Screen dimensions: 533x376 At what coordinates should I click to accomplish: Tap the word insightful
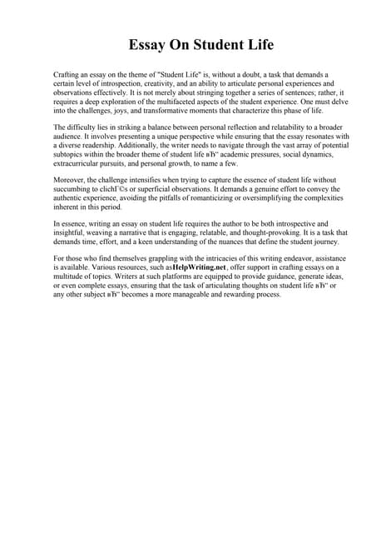[x=69, y=234]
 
